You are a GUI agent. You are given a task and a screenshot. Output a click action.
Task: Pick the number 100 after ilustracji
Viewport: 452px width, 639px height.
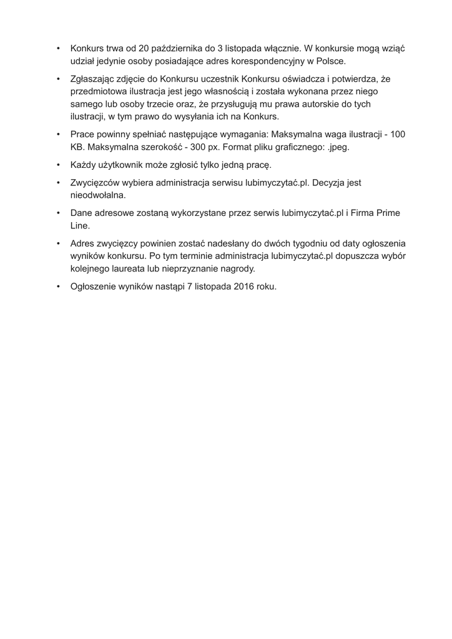click(x=397, y=135)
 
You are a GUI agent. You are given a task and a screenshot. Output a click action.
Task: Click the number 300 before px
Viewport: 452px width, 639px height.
click(x=199, y=148)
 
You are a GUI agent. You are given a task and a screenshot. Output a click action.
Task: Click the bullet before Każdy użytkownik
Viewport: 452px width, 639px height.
click(x=57, y=165)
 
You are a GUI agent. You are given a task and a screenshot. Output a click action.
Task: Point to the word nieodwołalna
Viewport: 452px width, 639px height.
click(x=98, y=195)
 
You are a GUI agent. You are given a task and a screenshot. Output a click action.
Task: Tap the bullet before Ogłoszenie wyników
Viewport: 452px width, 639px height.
click(x=57, y=286)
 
